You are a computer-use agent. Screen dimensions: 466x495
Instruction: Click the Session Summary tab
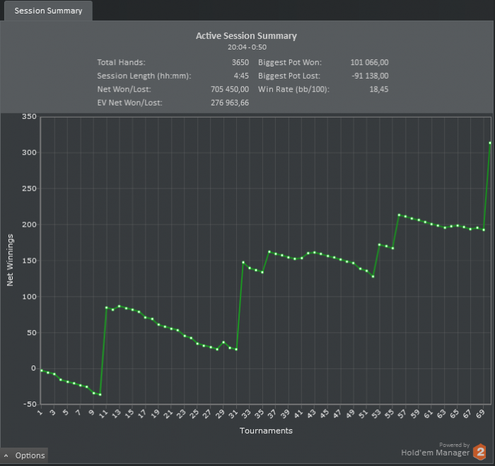[48, 11]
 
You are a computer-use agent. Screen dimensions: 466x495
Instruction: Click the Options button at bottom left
[25, 455]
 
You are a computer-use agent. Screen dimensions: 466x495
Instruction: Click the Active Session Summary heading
[246, 35]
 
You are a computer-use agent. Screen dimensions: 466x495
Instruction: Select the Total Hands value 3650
[240, 62]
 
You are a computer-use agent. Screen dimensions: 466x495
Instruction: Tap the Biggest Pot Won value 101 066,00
[369, 62]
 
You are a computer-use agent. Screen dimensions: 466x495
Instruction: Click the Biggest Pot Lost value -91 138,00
[370, 76]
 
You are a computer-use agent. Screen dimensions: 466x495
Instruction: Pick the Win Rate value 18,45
[378, 89]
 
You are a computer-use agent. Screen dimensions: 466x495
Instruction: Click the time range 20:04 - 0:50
[246, 47]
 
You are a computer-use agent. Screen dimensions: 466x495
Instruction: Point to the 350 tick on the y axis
[29, 116]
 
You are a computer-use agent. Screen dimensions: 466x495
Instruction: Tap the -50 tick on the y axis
[29, 404]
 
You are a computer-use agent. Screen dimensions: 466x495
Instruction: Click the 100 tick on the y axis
[29, 296]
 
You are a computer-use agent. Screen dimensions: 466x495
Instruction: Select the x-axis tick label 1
[41, 413]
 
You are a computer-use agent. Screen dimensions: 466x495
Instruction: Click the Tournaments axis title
[266, 430]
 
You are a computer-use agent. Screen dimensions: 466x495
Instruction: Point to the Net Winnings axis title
[11, 261]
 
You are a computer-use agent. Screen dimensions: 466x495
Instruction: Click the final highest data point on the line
[490, 143]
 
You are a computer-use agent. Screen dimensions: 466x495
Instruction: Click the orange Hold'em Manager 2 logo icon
[480, 452]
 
